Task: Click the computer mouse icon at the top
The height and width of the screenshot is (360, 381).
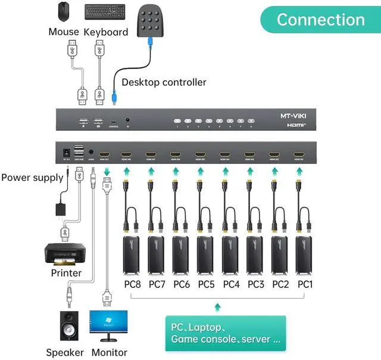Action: coord(64,11)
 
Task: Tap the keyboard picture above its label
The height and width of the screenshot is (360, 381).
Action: coord(105,12)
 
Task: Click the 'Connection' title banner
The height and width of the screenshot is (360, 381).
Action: coord(320,20)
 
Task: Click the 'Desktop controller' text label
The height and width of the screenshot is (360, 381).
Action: coord(164,82)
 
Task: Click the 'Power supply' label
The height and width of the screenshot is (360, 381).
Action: coord(32,177)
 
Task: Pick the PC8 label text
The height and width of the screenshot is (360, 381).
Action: coord(132,284)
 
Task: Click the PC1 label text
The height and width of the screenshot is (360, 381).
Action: coord(305,284)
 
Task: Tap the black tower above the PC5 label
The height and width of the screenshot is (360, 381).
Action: coord(206,255)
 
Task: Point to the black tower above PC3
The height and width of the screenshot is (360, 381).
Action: coord(255,255)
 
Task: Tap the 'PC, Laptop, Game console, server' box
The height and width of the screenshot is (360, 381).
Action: coord(226,333)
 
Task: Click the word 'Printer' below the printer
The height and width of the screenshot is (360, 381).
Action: coord(66,273)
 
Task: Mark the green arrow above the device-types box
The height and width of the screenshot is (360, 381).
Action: coord(218,306)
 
